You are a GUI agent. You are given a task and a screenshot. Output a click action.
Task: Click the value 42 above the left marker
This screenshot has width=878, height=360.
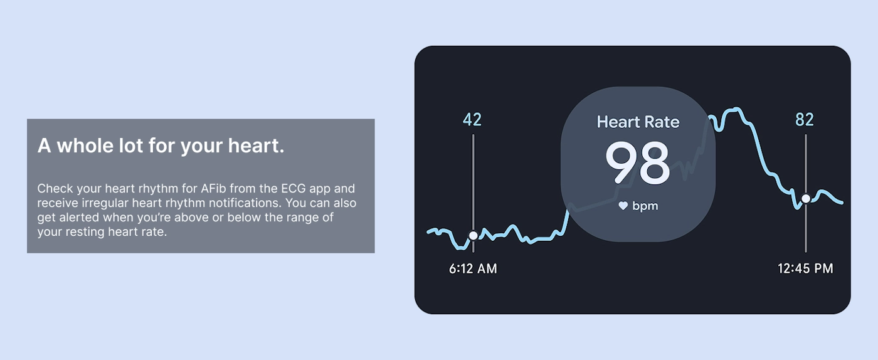(x=472, y=119)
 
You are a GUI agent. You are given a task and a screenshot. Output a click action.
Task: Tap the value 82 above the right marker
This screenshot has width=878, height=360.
(x=805, y=119)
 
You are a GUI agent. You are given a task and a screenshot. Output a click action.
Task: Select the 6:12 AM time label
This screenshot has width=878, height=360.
(x=473, y=268)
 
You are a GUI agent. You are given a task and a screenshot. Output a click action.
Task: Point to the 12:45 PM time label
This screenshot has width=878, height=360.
(x=805, y=268)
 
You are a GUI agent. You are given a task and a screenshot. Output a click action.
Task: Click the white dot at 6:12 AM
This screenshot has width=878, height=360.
(x=473, y=235)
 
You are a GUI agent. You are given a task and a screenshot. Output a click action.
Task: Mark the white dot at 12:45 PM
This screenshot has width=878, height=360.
(x=806, y=199)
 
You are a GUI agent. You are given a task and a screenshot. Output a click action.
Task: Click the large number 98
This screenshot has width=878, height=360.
(x=638, y=163)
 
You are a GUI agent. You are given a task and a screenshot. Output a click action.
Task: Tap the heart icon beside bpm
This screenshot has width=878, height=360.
(x=623, y=206)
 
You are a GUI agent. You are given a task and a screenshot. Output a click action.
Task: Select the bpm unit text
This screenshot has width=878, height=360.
(x=645, y=206)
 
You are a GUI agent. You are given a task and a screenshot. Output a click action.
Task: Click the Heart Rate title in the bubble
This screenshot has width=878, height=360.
(x=638, y=122)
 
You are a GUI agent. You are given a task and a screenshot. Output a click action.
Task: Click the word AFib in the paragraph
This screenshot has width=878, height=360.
(x=213, y=189)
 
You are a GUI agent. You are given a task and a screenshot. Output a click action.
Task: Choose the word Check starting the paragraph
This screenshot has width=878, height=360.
(x=55, y=189)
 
